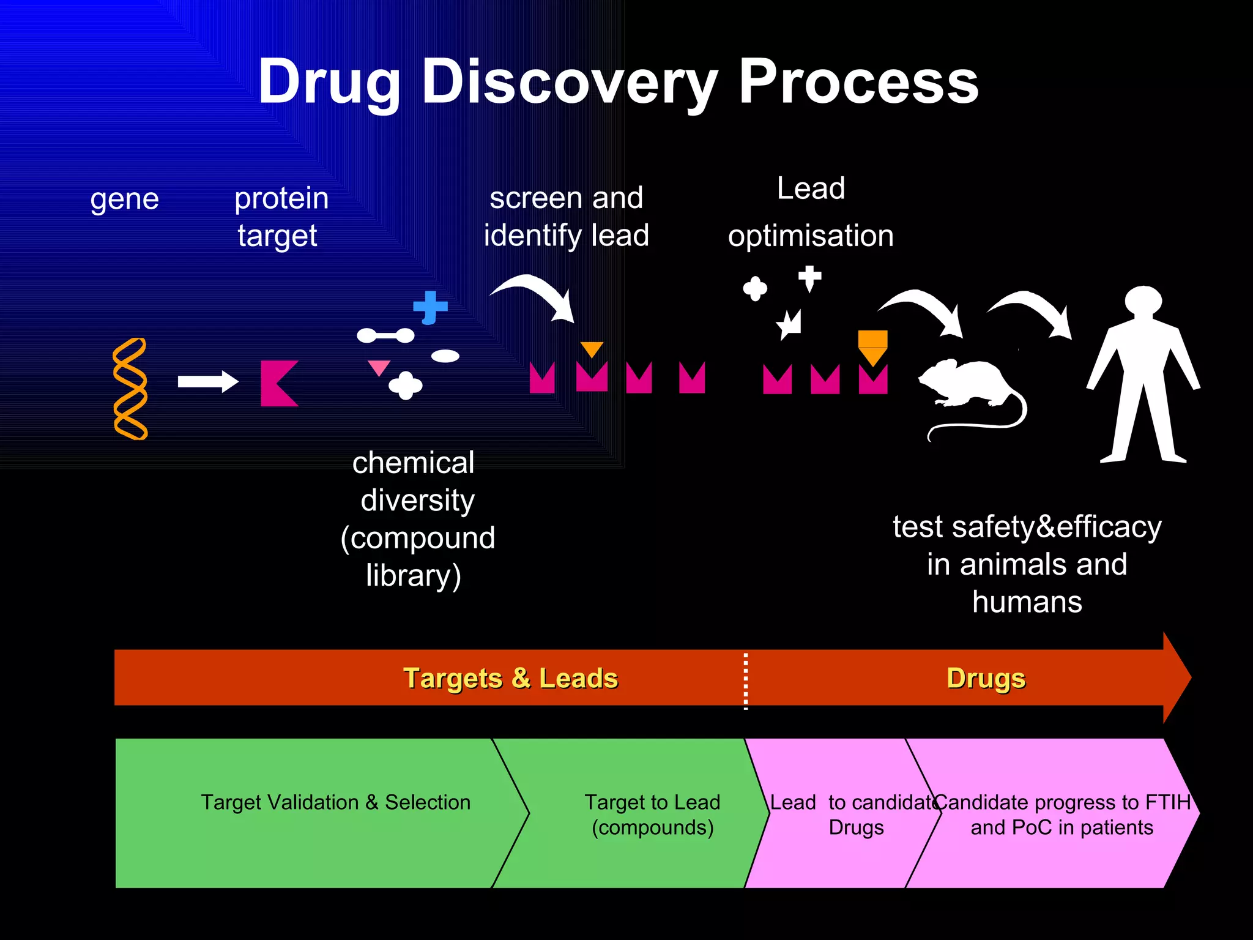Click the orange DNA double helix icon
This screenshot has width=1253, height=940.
click(130, 389)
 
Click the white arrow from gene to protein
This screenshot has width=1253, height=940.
click(207, 382)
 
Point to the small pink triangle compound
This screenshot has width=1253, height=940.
click(379, 367)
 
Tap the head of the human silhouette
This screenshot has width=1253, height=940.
click(1143, 300)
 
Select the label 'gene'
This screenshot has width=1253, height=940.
click(124, 200)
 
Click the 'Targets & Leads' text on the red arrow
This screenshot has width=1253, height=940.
click(511, 678)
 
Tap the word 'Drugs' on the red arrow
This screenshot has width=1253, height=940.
click(986, 678)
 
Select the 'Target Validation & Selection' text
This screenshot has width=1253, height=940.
click(336, 802)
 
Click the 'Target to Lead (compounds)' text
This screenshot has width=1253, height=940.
click(652, 815)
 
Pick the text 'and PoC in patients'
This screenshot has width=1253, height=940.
click(1062, 827)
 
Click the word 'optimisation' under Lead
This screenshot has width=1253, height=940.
click(811, 236)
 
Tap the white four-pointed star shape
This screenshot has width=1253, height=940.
click(789, 324)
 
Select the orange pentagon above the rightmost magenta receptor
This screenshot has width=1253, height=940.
click(872, 346)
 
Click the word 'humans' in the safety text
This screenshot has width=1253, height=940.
click(1027, 602)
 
